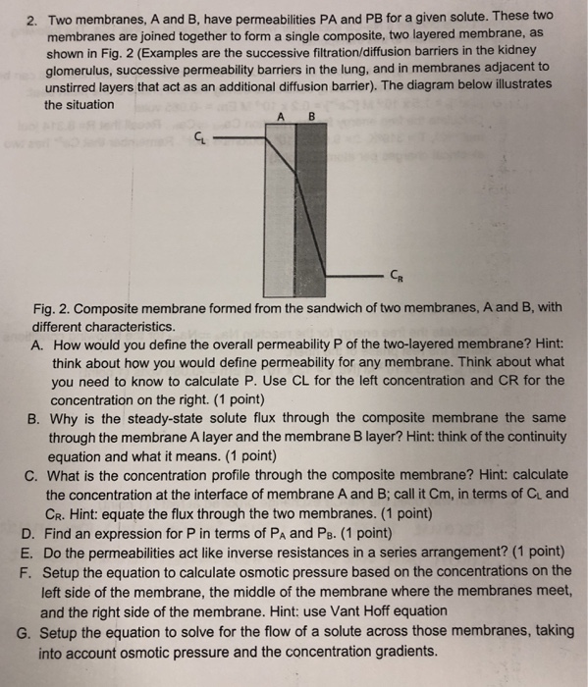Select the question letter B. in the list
pos(38,416)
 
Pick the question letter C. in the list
pos(38,470)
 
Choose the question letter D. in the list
pos(38,534)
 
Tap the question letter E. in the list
pos(38,552)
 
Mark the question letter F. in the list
pos(38,569)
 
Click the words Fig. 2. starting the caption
pos(52,308)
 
